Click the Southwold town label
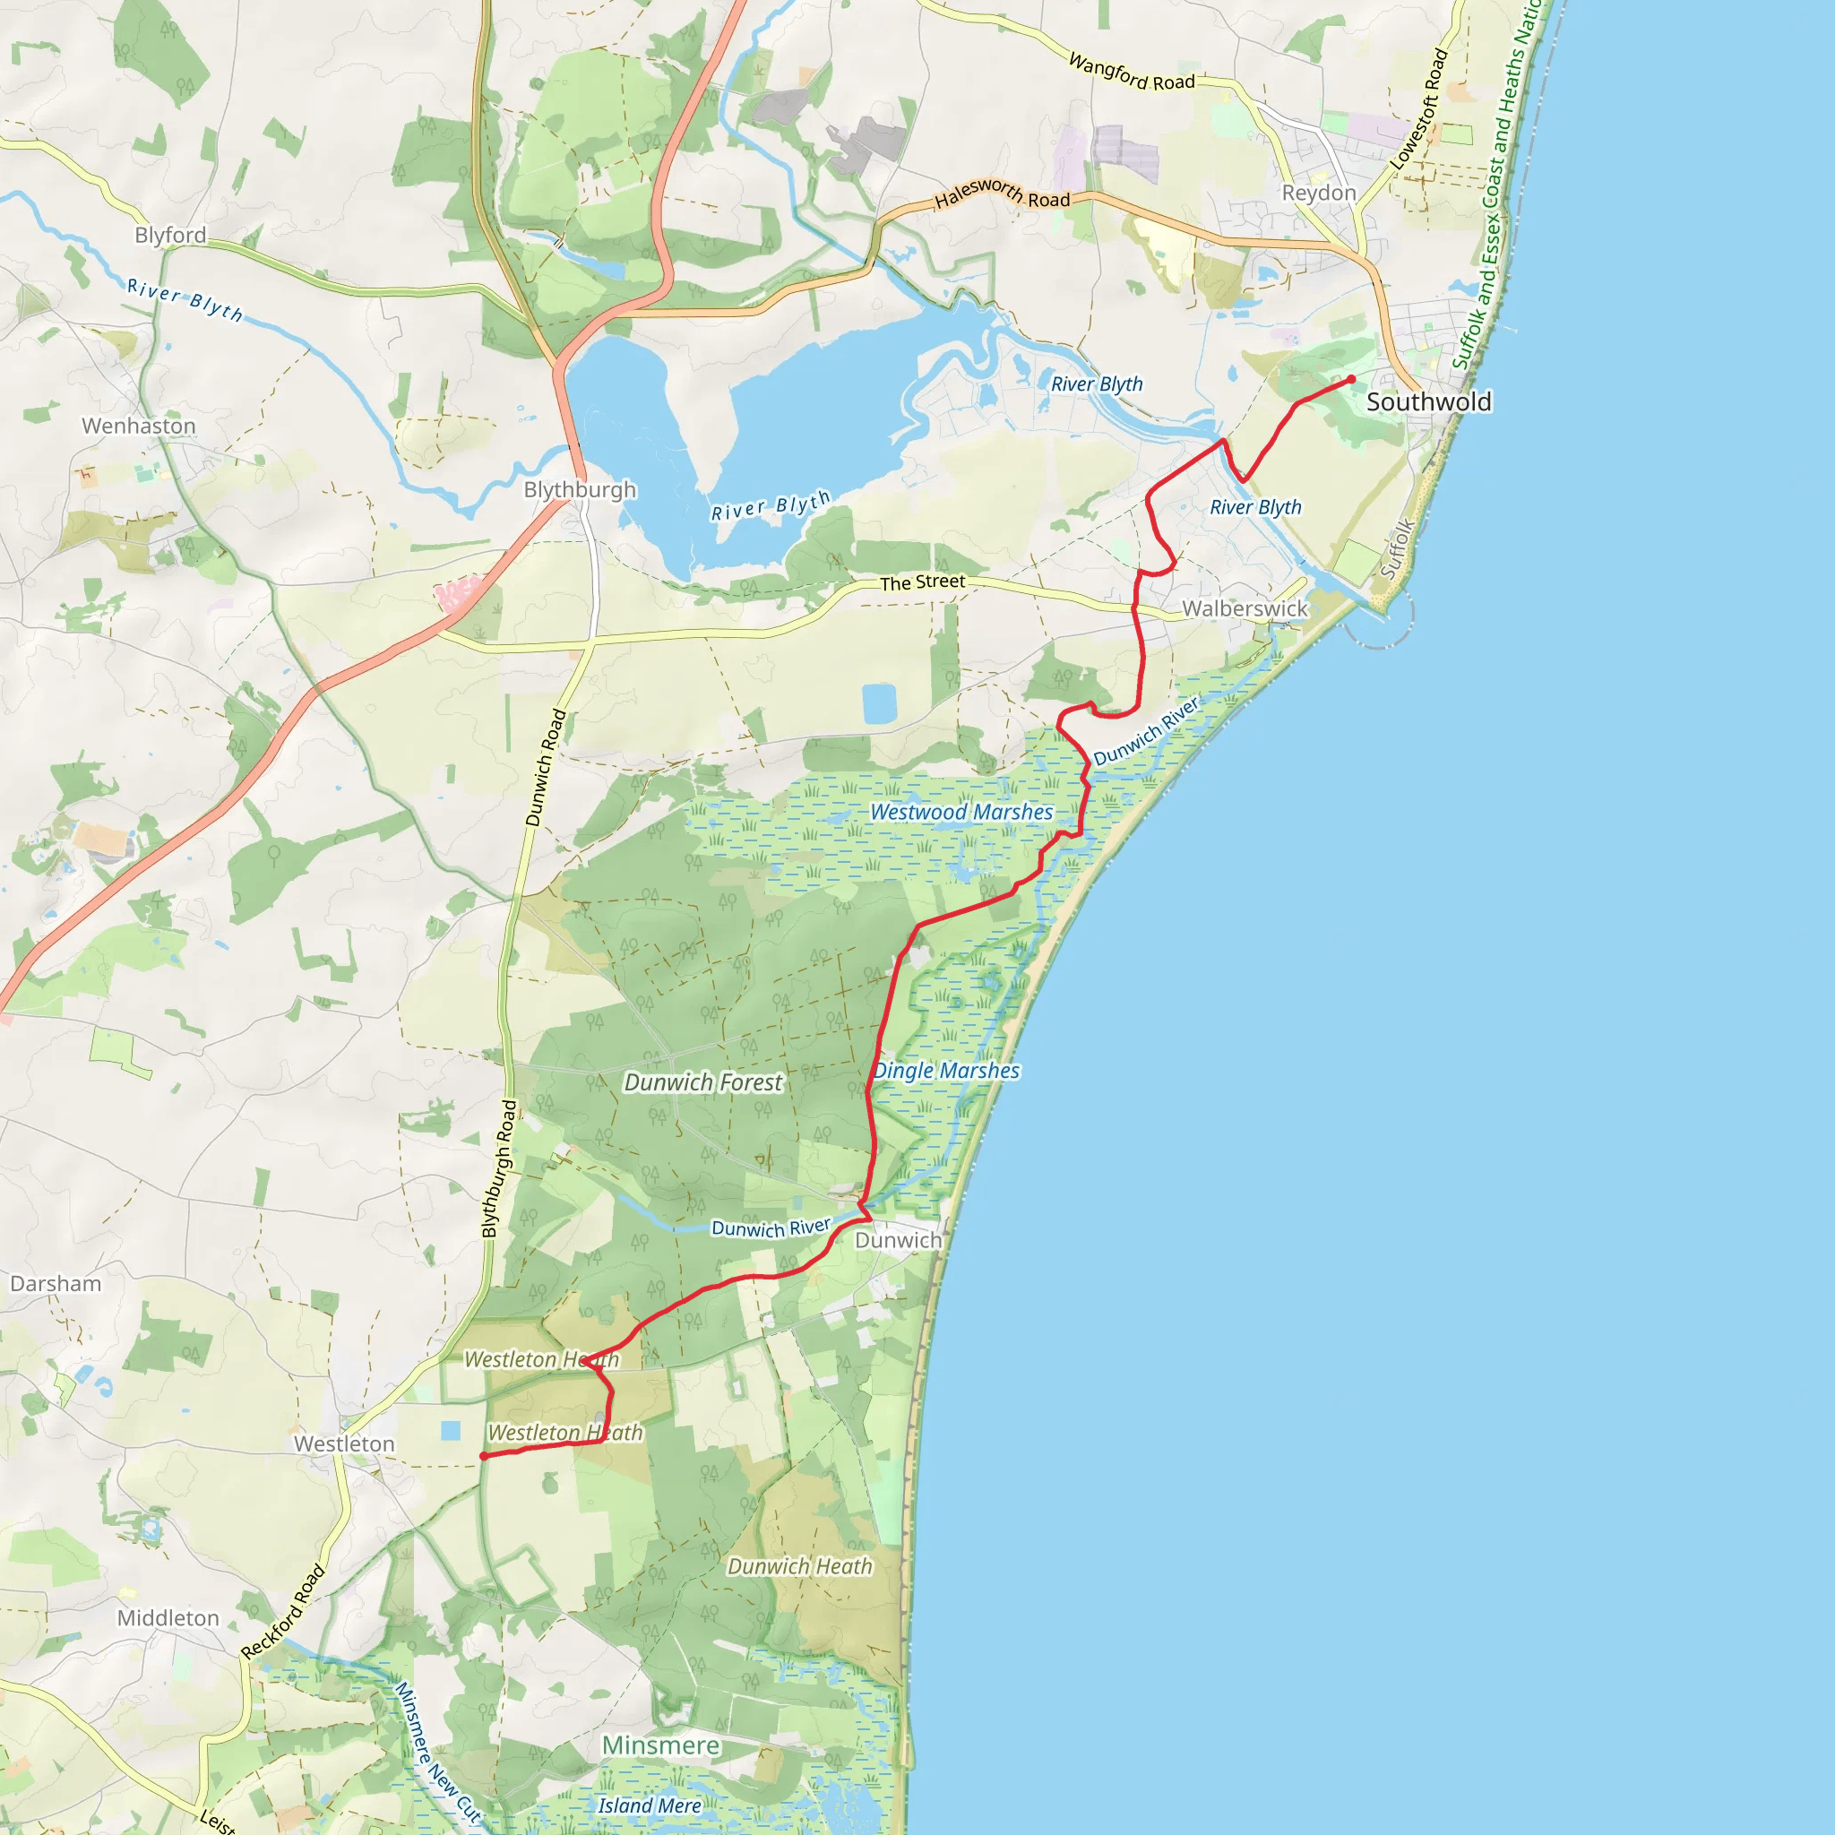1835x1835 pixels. tap(1428, 401)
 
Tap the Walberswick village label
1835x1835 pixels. tap(1245, 607)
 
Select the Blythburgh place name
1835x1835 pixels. tap(580, 489)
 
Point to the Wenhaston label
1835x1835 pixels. tap(139, 426)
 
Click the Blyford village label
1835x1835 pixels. tap(170, 235)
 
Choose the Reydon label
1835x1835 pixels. tap(1318, 193)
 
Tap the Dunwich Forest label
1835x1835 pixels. tap(702, 1081)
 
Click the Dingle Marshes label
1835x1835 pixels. tap(946, 1071)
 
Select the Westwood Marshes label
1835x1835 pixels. tap(961, 812)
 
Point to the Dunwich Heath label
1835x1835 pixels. tap(798, 1566)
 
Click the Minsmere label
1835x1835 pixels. tap(661, 1745)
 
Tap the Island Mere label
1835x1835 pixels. tap(650, 1805)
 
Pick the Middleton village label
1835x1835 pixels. tap(168, 1617)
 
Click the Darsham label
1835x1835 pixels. tap(55, 1283)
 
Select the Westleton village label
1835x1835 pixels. tap(344, 1443)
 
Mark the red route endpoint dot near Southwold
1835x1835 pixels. tap(1350, 380)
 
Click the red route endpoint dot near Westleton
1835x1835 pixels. tap(484, 1456)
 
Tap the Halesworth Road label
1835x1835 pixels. tap(1002, 194)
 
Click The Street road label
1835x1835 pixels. tap(922, 582)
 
